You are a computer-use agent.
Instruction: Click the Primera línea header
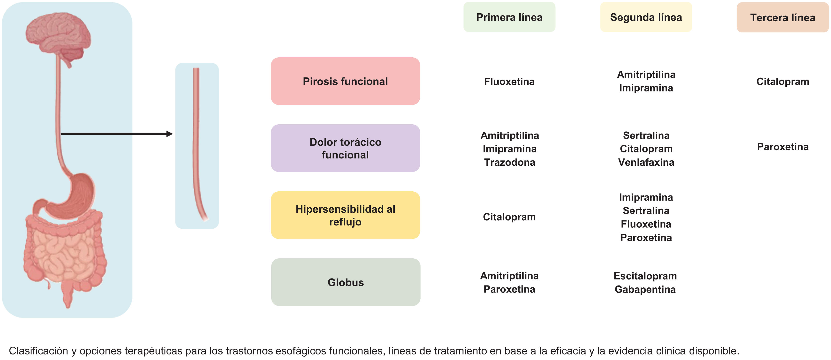click(x=509, y=17)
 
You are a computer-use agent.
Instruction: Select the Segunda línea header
click(x=646, y=17)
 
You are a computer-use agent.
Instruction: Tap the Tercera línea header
click(x=782, y=17)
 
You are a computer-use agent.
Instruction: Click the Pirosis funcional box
click(x=345, y=81)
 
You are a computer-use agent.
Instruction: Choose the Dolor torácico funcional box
click(x=345, y=148)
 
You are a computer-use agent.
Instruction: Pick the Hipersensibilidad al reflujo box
click(x=345, y=215)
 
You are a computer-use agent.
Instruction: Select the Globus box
click(x=346, y=282)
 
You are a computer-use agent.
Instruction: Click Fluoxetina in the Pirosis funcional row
click(x=509, y=82)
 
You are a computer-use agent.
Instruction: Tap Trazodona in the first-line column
click(x=509, y=162)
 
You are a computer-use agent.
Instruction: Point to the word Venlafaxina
click(x=646, y=162)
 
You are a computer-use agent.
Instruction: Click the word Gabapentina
click(x=645, y=289)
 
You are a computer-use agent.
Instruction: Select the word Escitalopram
click(x=645, y=276)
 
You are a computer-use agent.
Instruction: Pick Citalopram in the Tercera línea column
click(x=783, y=82)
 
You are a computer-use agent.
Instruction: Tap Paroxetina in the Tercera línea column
click(x=783, y=147)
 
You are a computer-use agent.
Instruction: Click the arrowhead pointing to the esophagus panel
click(x=169, y=134)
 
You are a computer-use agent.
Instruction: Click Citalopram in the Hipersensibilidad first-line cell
click(x=509, y=217)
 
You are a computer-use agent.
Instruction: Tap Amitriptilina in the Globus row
click(x=509, y=276)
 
